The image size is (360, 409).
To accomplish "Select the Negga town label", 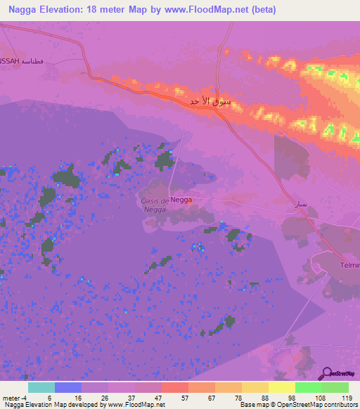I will (181, 200).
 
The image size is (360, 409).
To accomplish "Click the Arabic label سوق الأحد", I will (210, 103).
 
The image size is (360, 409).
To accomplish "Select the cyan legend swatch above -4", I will (41, 387).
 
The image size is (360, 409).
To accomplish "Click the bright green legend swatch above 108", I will (308, 387).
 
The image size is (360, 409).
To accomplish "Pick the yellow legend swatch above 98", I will (281, 387).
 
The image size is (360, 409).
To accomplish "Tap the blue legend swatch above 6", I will (68, 387).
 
